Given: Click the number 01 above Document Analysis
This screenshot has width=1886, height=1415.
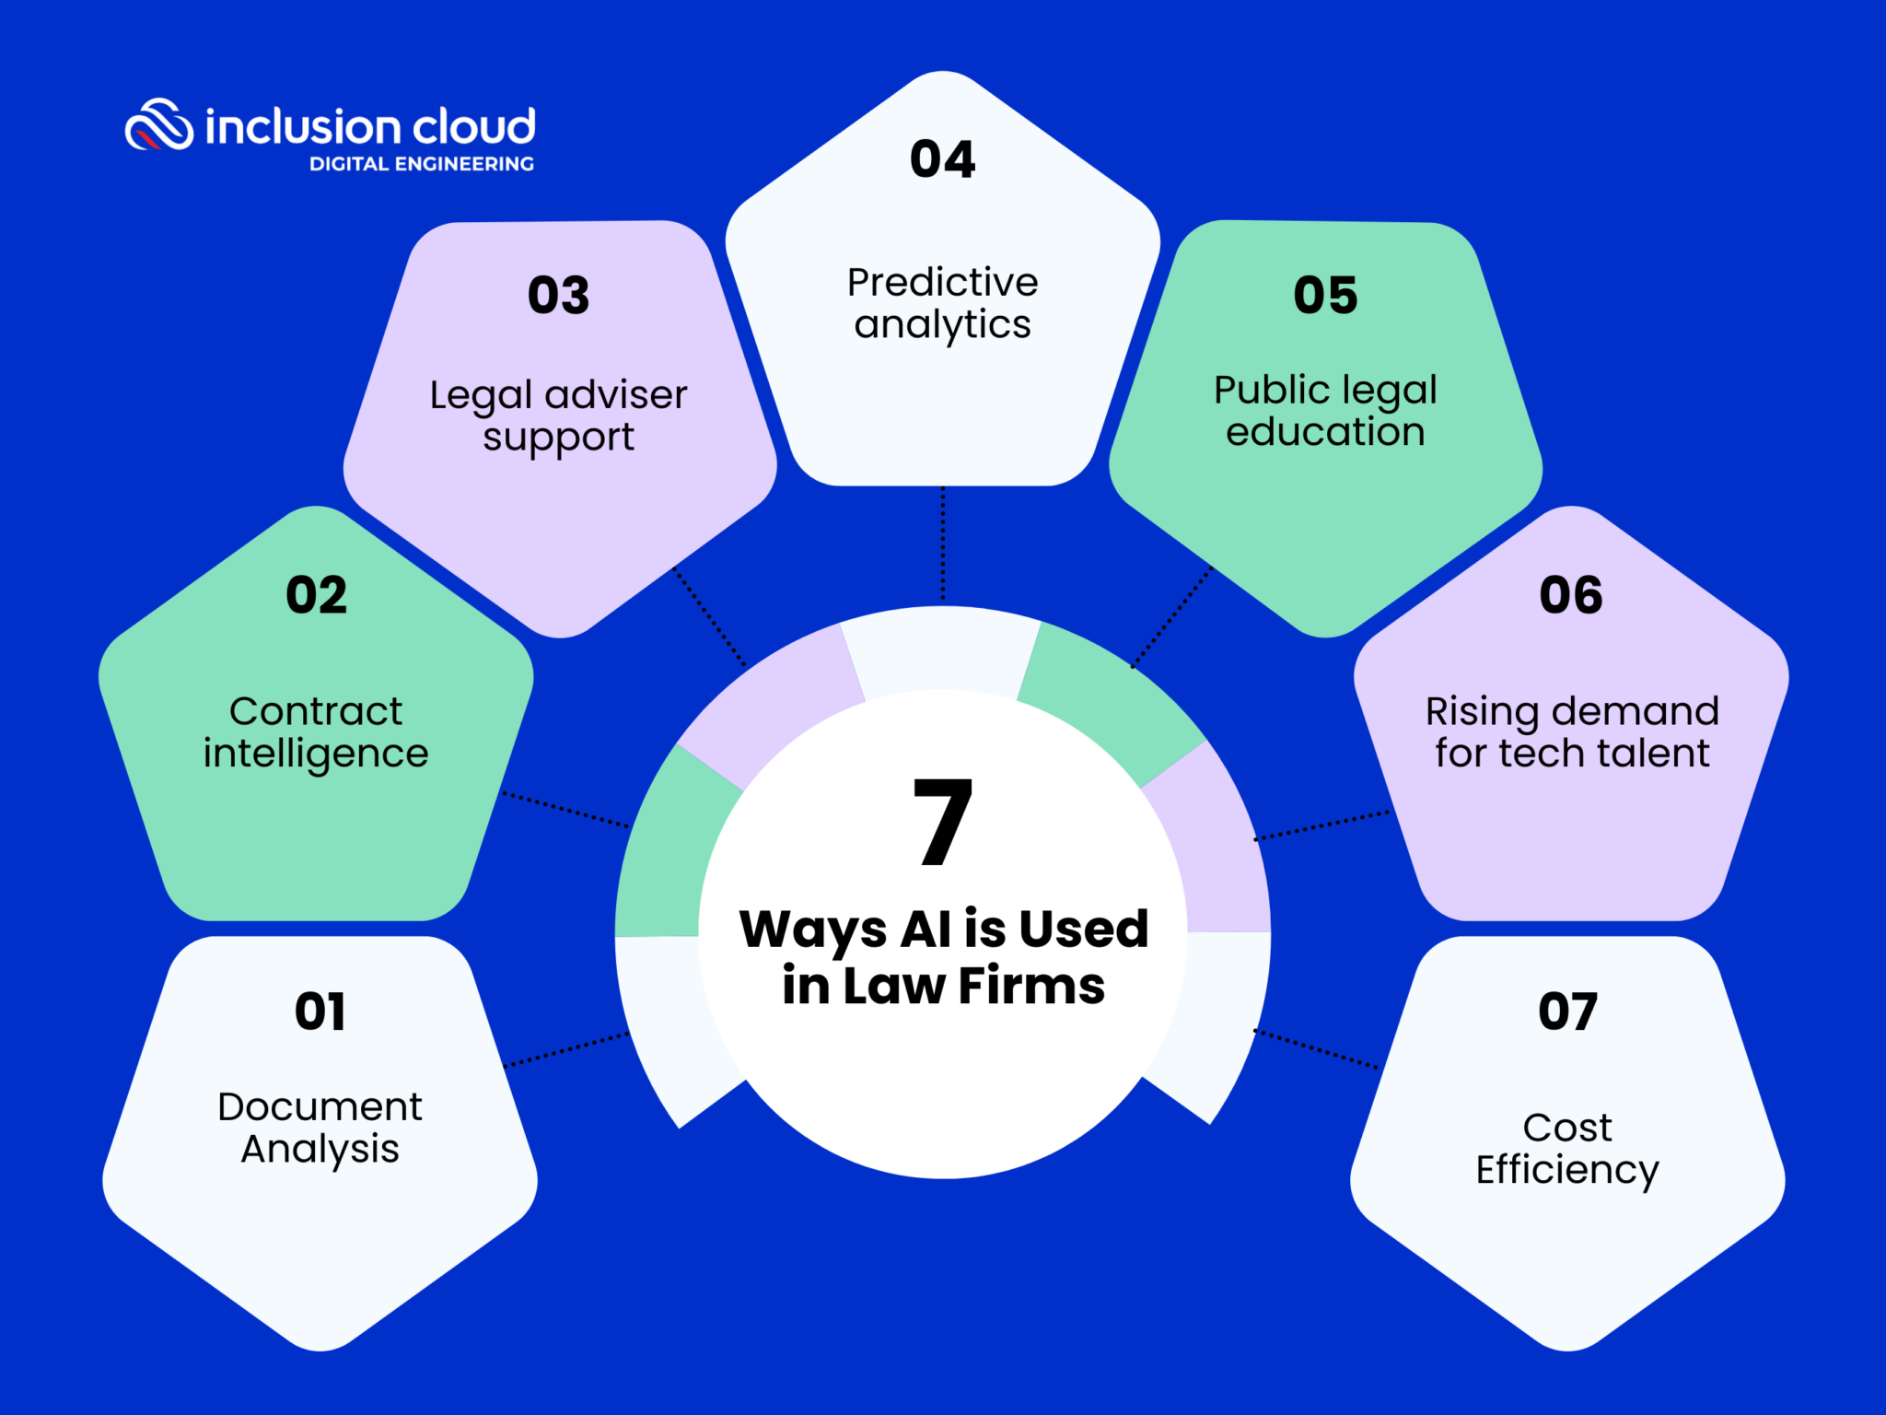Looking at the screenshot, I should click(x=320, y=1012).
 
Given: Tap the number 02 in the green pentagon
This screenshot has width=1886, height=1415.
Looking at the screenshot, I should click(x=316, y=595).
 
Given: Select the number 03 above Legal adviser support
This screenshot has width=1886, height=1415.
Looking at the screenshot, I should click(x=558, y=296).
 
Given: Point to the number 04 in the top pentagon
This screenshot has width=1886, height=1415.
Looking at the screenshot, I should click(x=942, y=159).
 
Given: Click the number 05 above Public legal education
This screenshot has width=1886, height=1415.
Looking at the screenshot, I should click(x=1325, y=296).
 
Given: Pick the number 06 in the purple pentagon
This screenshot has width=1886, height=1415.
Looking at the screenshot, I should click(x=1571, y=595).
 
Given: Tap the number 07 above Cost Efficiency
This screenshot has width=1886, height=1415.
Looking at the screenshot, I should click(x=1567, y=1012).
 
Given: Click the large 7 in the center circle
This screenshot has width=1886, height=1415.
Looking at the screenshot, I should click(x=942, y=822).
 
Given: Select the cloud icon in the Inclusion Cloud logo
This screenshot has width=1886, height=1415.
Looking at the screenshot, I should click(x=159, y=124).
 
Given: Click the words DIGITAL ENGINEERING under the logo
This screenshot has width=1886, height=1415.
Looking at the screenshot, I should click(x=422, y=164).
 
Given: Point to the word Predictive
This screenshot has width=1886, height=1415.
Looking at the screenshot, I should click(x=942, y=282).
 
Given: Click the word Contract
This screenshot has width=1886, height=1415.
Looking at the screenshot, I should click(x=316, y=711).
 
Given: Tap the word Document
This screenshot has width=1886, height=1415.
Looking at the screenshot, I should click(x=320, y=1106).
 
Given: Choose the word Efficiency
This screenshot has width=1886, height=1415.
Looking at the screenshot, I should click(x=1567, y=1170).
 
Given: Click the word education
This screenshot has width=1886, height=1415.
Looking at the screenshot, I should click(x=1325, y=432).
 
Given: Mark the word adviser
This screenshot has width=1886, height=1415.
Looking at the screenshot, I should click(x=616, y=395).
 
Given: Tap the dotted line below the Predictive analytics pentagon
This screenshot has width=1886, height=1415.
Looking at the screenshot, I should click(x=942, y=544).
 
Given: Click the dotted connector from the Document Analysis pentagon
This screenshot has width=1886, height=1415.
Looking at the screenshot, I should click(x=566, y=1050).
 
